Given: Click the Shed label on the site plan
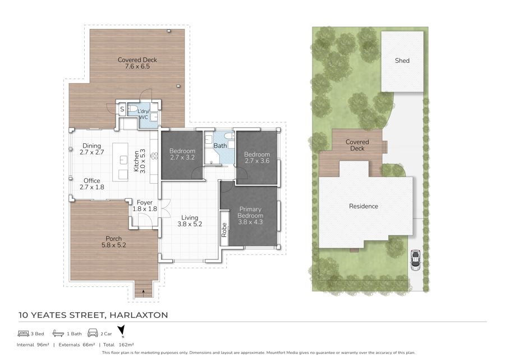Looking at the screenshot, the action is click(402, 61).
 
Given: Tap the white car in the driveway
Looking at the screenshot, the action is click(415, 260).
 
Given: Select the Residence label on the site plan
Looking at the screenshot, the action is click(364, 206).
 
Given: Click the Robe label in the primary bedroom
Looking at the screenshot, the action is click(224, 230).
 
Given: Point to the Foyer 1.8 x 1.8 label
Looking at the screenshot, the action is click(145, 206).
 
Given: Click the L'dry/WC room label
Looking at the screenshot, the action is click(143, 115).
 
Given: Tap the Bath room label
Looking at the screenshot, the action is click(221, 145).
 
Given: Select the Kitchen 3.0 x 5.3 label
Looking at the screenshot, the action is click(140, 161).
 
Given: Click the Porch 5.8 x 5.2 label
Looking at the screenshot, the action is click(114, 241).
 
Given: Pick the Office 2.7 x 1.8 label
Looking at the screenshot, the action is click(92, 184).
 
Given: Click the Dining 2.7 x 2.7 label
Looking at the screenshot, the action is click(92, 149).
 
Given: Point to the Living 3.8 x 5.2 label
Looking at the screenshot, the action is click(190, 221).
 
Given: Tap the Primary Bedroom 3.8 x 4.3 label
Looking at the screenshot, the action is click(250, 215).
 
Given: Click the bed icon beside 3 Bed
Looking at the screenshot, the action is click(24, 334).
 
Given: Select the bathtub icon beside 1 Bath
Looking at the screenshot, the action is click(58, 333).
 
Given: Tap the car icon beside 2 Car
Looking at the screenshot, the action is click(93, 332).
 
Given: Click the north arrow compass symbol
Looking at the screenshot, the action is click(121, 331).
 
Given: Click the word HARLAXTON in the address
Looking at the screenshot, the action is click(139, 315).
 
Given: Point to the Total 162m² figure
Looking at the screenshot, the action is click(118, 344).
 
